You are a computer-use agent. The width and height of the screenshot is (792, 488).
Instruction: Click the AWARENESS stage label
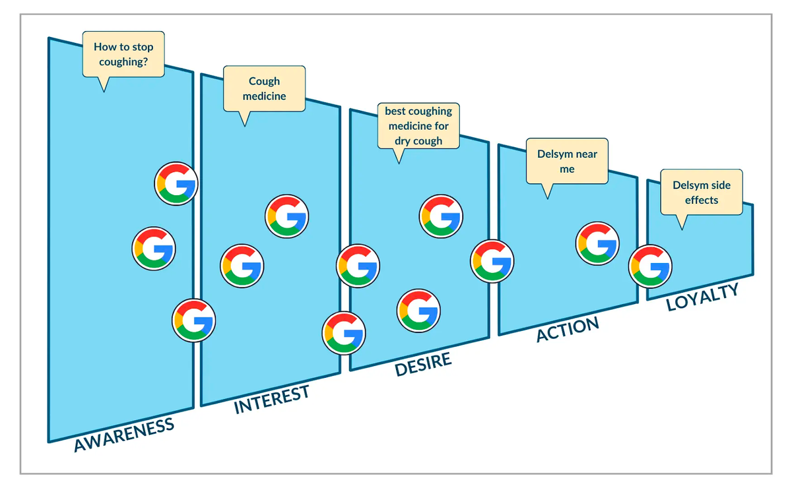[124, 435]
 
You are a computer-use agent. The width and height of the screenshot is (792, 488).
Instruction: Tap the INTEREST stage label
[271, 400]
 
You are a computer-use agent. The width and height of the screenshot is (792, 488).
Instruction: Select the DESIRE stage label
[423, 364]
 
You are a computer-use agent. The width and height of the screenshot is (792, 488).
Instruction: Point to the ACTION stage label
[568, 329]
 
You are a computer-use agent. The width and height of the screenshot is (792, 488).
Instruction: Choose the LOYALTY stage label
[702, 297]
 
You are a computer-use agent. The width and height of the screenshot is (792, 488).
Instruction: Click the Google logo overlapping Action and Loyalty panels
[650, 266]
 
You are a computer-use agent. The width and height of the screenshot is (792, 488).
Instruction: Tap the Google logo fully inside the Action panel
[597, 243]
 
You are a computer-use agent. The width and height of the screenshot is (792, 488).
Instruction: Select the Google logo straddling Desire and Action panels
[492, 261]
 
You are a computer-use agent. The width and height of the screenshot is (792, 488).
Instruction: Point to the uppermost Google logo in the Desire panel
[441, 216]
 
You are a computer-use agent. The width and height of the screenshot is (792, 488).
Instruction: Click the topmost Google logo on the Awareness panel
[176, 184]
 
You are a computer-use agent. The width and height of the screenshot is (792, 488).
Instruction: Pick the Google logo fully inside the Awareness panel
[154, 249]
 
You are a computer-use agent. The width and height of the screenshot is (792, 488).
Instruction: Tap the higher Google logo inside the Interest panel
[286, 216]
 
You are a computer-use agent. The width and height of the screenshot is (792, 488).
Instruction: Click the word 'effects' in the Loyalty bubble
[702, 200]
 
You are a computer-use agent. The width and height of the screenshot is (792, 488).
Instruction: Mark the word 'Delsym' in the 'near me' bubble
[554, 154]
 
